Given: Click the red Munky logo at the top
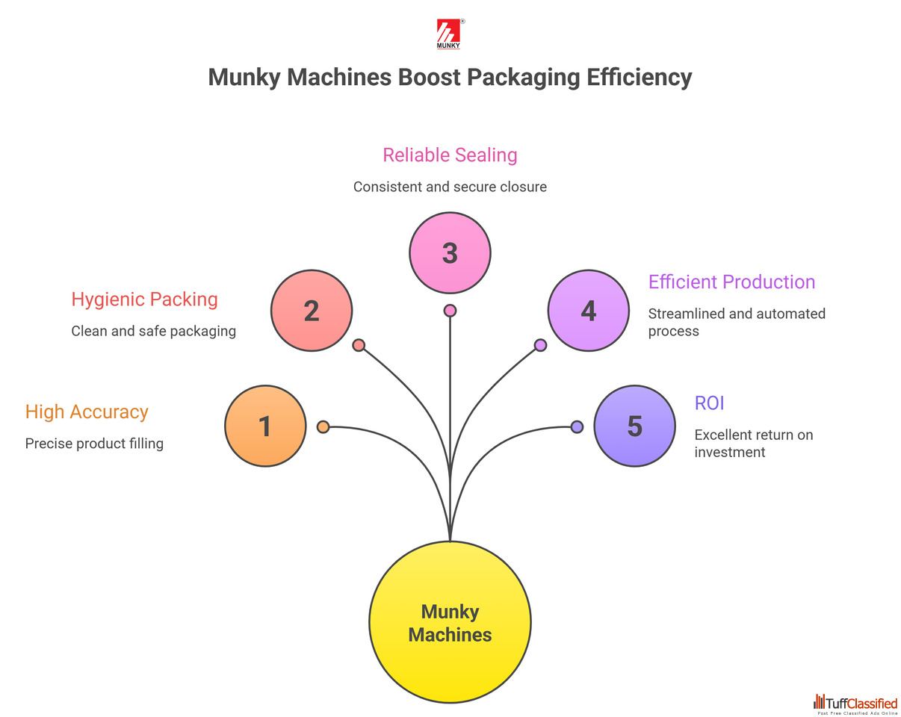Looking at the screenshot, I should (448, 34).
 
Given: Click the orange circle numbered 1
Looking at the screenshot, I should (265, 426).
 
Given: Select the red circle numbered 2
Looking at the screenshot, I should (311, 310).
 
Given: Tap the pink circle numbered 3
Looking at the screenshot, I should (450, 252).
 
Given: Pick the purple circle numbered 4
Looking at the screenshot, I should (588, 310).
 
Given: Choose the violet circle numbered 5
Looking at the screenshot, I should (634, 426).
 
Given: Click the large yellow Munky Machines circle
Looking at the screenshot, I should (450, 621).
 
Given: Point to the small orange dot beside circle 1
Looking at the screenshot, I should (323, 426).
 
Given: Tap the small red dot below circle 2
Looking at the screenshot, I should (359, 345).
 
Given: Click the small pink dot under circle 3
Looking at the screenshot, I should (450, 310).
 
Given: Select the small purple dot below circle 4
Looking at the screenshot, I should (540, 345).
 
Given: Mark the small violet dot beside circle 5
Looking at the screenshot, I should (577, 426).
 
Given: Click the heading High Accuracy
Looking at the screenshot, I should (87, 412).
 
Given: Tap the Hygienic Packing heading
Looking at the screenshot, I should (144, 299).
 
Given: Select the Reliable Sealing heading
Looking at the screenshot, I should (450, 155).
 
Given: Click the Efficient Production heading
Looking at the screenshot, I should (731, 282).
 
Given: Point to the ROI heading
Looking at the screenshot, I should (709, 403).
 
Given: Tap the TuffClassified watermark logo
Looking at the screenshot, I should (855, 704).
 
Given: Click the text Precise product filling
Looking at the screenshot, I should (94, 444).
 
